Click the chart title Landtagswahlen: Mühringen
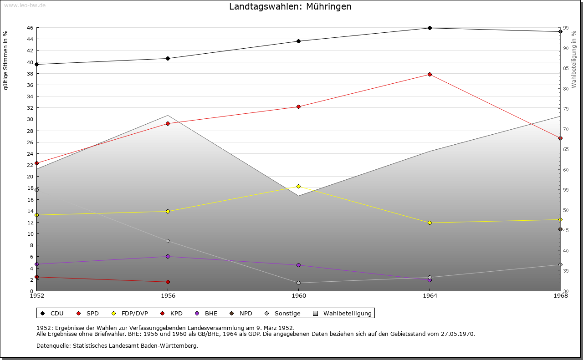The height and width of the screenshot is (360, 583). pyautogui.click(x=290, y=7)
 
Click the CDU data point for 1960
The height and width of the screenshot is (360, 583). pyautogui.click(x=299, y=41)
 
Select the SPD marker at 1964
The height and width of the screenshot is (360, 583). pyautogui.click(x=430, y=74)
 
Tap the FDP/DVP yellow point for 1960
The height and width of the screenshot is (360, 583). pyautogui.click(x=299, y=186)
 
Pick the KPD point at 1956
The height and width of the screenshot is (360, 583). pyautogui.click(x=168, y=282)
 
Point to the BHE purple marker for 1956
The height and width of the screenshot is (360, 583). pyautogui.click(x=168, y=256)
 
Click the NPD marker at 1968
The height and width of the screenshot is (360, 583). pyautogui.click(x=560, y=229)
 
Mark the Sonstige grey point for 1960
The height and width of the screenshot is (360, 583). pyautogui.click(x=299, y=283)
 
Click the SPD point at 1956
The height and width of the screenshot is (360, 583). pyautogui.click(x=168, y=123)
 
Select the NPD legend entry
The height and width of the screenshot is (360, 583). pyautogui.click(x=243, y=313)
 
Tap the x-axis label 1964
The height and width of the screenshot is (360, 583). pyautogui.click(x=430, y=296)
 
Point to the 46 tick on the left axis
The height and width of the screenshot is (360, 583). pyautogui.click(x=30, y=28)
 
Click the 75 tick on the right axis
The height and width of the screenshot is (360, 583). pyautogui.click(x=565, y=109)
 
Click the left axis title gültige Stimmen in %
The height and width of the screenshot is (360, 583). pyautogui.click(x=6, y=60)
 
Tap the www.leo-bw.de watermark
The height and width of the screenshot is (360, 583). pyautogui.click(x=25, y=5)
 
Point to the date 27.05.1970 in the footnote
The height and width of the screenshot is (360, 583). pyautogui.click(x=458, y=334)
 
